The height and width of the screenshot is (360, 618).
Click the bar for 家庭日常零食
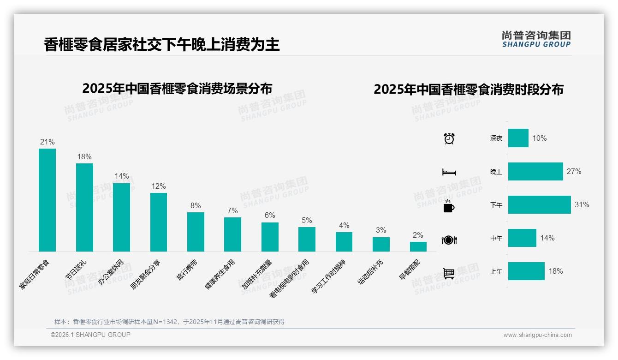pyautogui.click(x=47, y=200)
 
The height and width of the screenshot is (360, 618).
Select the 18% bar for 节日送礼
pyautogui.click(x=84, y=207)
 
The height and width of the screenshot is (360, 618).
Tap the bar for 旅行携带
pyautogui.click(x=196, y=232)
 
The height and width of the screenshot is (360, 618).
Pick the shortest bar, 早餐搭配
pyautogui.click(x=418, y=246)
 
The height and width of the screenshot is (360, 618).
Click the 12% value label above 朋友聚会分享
pyautogui.click(x=158, y=186)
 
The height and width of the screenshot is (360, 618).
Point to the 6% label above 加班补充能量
pyautogui.click(x=270, y=216)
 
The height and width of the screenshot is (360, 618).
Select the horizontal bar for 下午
pyautogui.click(x=539, y=205)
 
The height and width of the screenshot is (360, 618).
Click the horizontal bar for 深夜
pyautogui.click(x=518, y=138)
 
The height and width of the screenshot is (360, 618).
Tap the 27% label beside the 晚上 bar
pyautogui.click(x=574, y=172)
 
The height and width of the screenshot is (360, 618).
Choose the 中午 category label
pyautogui.click(x=496, y=239)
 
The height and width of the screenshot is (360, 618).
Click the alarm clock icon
pyautogui.click(x=449, y=138)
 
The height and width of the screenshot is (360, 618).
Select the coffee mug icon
pyautogui.click(x=449, y=206)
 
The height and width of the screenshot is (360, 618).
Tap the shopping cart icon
pyautogui.click(x=449, y=273)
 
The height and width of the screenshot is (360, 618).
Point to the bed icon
pyautogui.click(x=449, y=172)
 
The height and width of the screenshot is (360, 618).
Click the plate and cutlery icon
pyautogui.click(x=449, y=240)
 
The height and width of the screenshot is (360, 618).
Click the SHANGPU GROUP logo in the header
pyautogui.click(x=536, y=39)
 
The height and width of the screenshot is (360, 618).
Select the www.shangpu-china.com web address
pyautogui.click(x=537, y=335)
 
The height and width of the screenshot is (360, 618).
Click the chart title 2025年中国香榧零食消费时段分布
pyautogui.click(x=469, y=90)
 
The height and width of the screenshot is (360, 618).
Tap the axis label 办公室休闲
pyautogui.click(x=111, y=272)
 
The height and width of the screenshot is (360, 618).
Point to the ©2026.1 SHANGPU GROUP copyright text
pyautogui.click(x=90, y=335)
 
